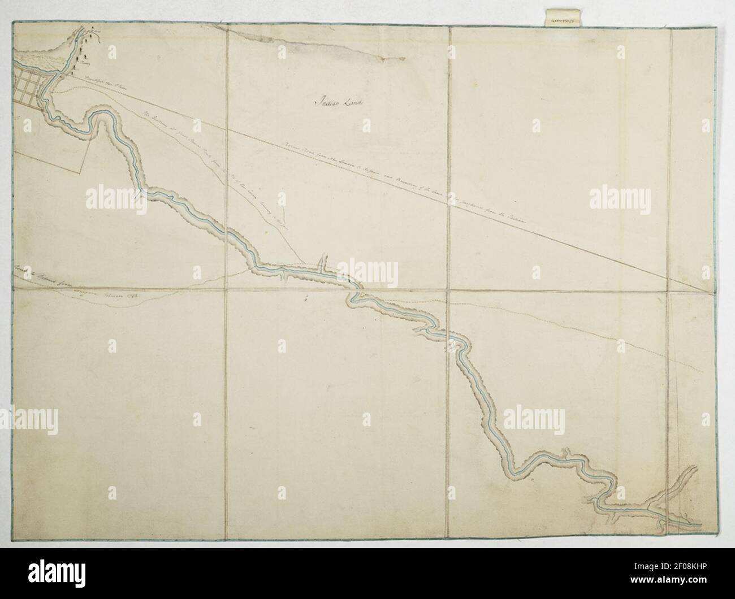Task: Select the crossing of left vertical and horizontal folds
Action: coord(227,288)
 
